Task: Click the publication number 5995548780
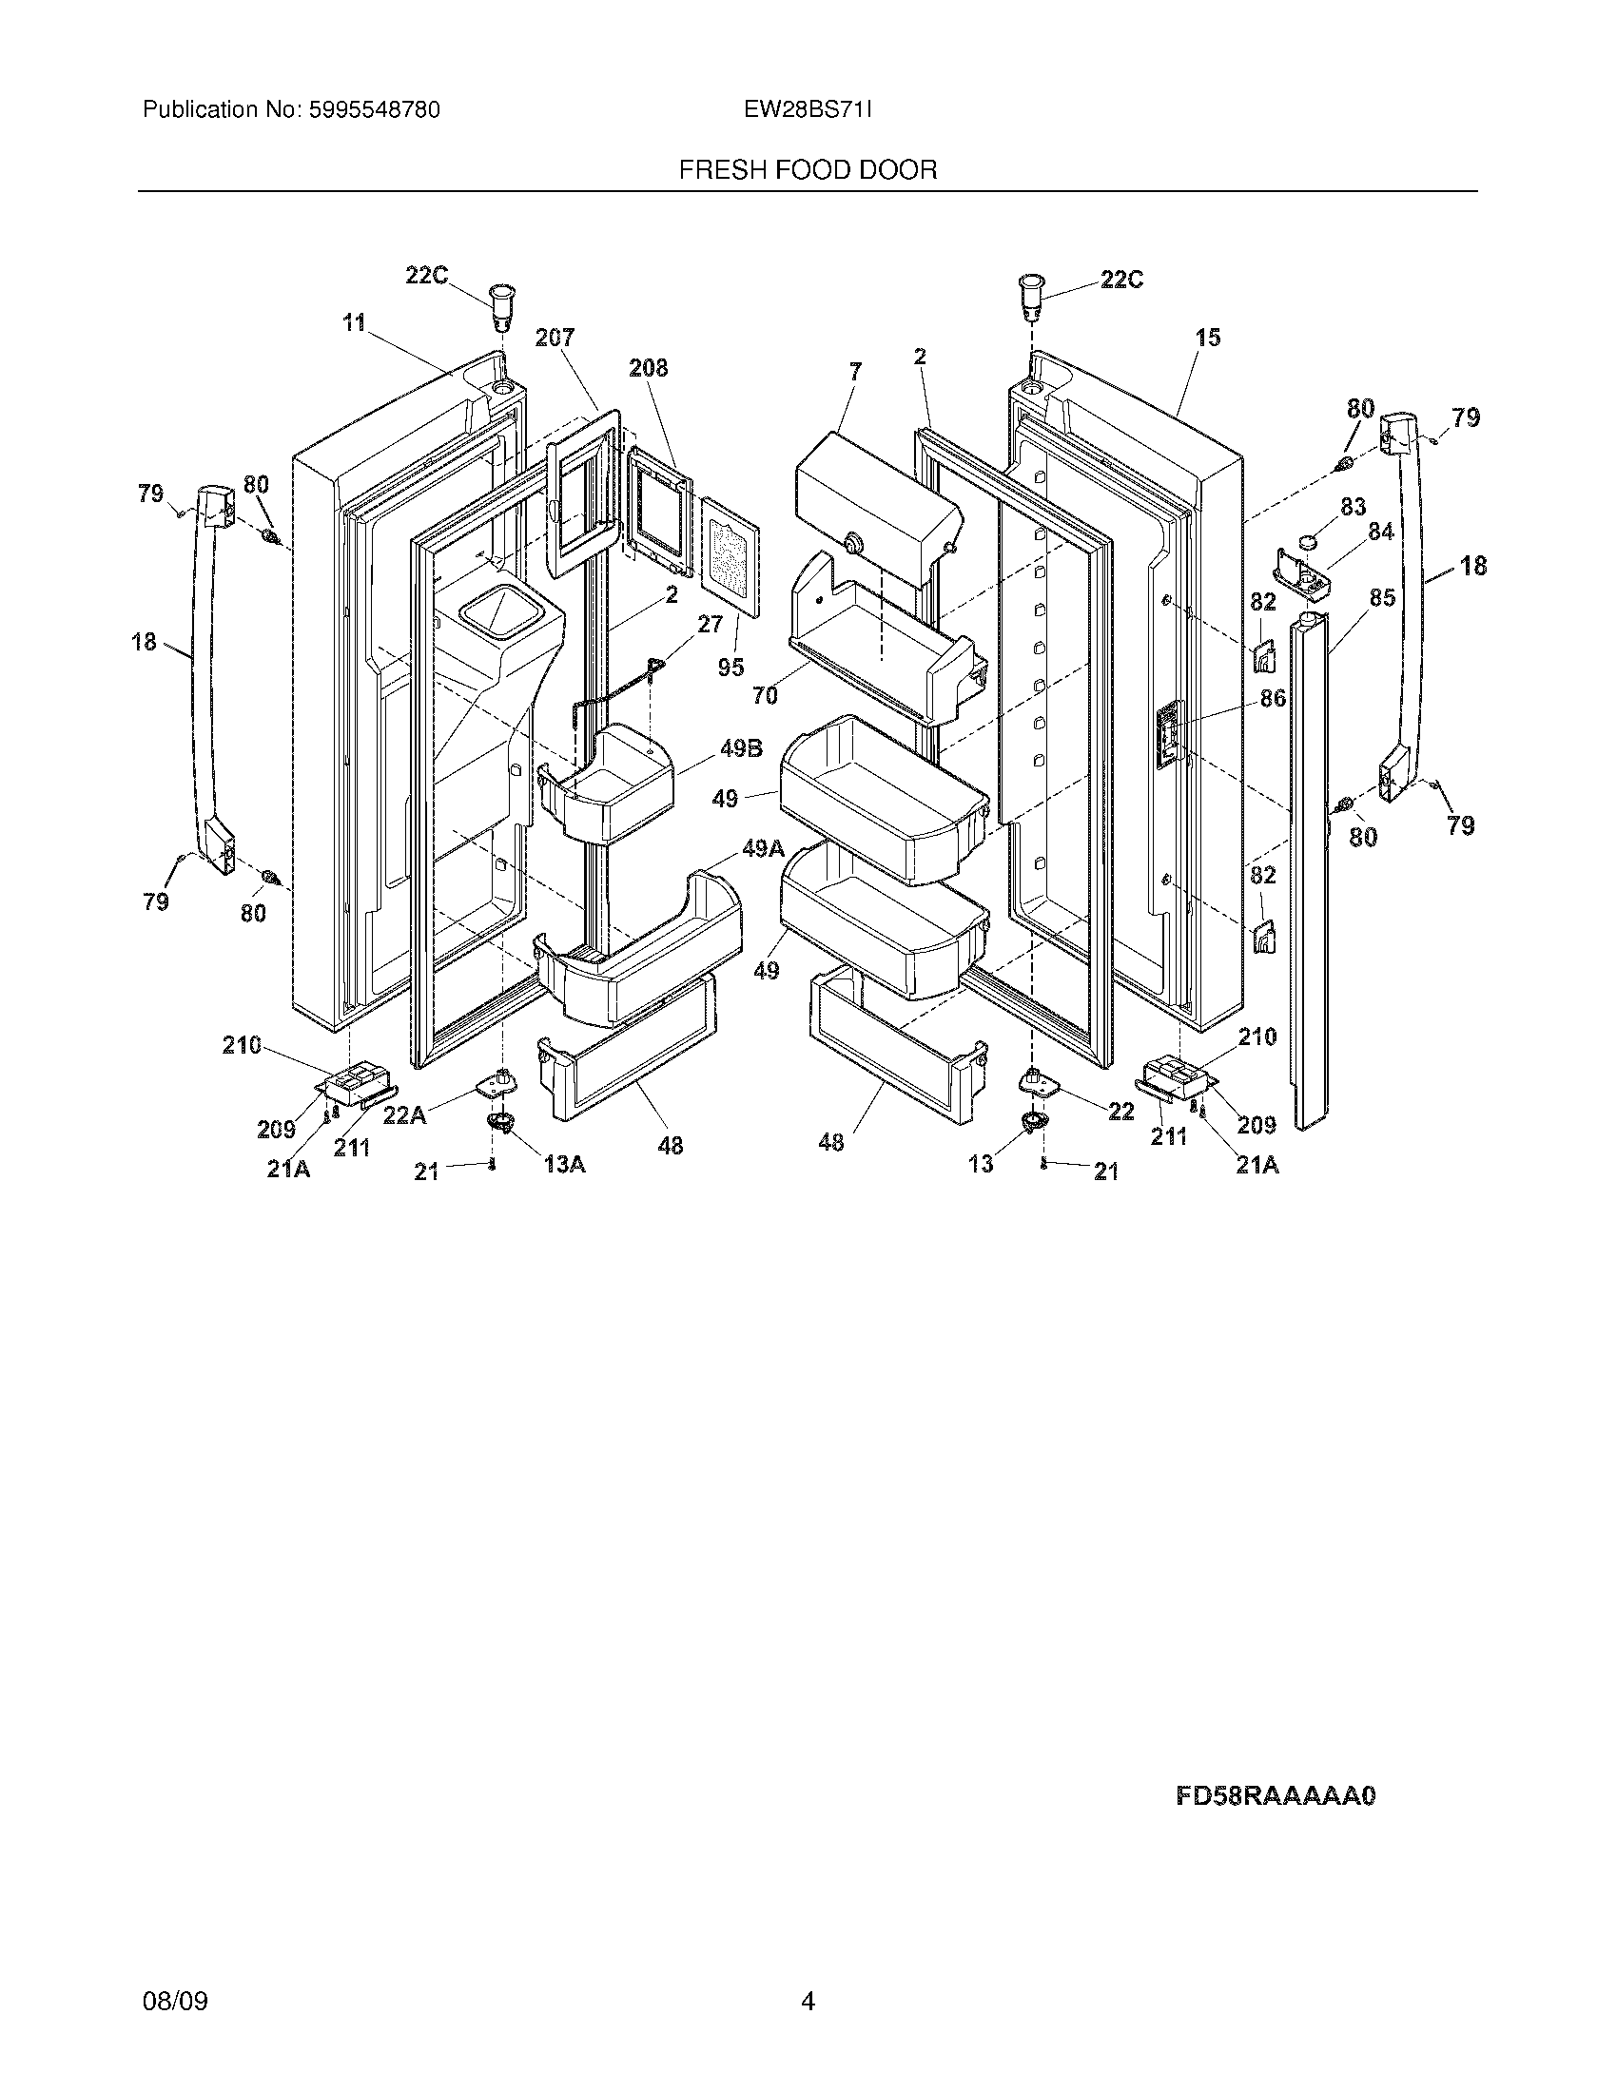[x=373, y=110]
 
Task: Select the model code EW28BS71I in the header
[x=808, y=110]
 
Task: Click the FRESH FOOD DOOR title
[x=808, y=170]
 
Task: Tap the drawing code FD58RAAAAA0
[x=1275, y=1795]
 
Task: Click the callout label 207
[x=555, y=338]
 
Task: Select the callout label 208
[x=648, y=368]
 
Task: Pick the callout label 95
[x=731, y=667]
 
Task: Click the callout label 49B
[x=740, y=749]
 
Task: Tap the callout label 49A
[x=763, y=847]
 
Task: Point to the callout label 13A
[x=564, y=1164]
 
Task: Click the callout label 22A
[x=405, y=1115]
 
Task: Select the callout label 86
[x=1272, y=698]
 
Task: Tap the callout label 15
[x=1208, y=338]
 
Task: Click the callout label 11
[x=355, y=322]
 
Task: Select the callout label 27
[x=710, y=625]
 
